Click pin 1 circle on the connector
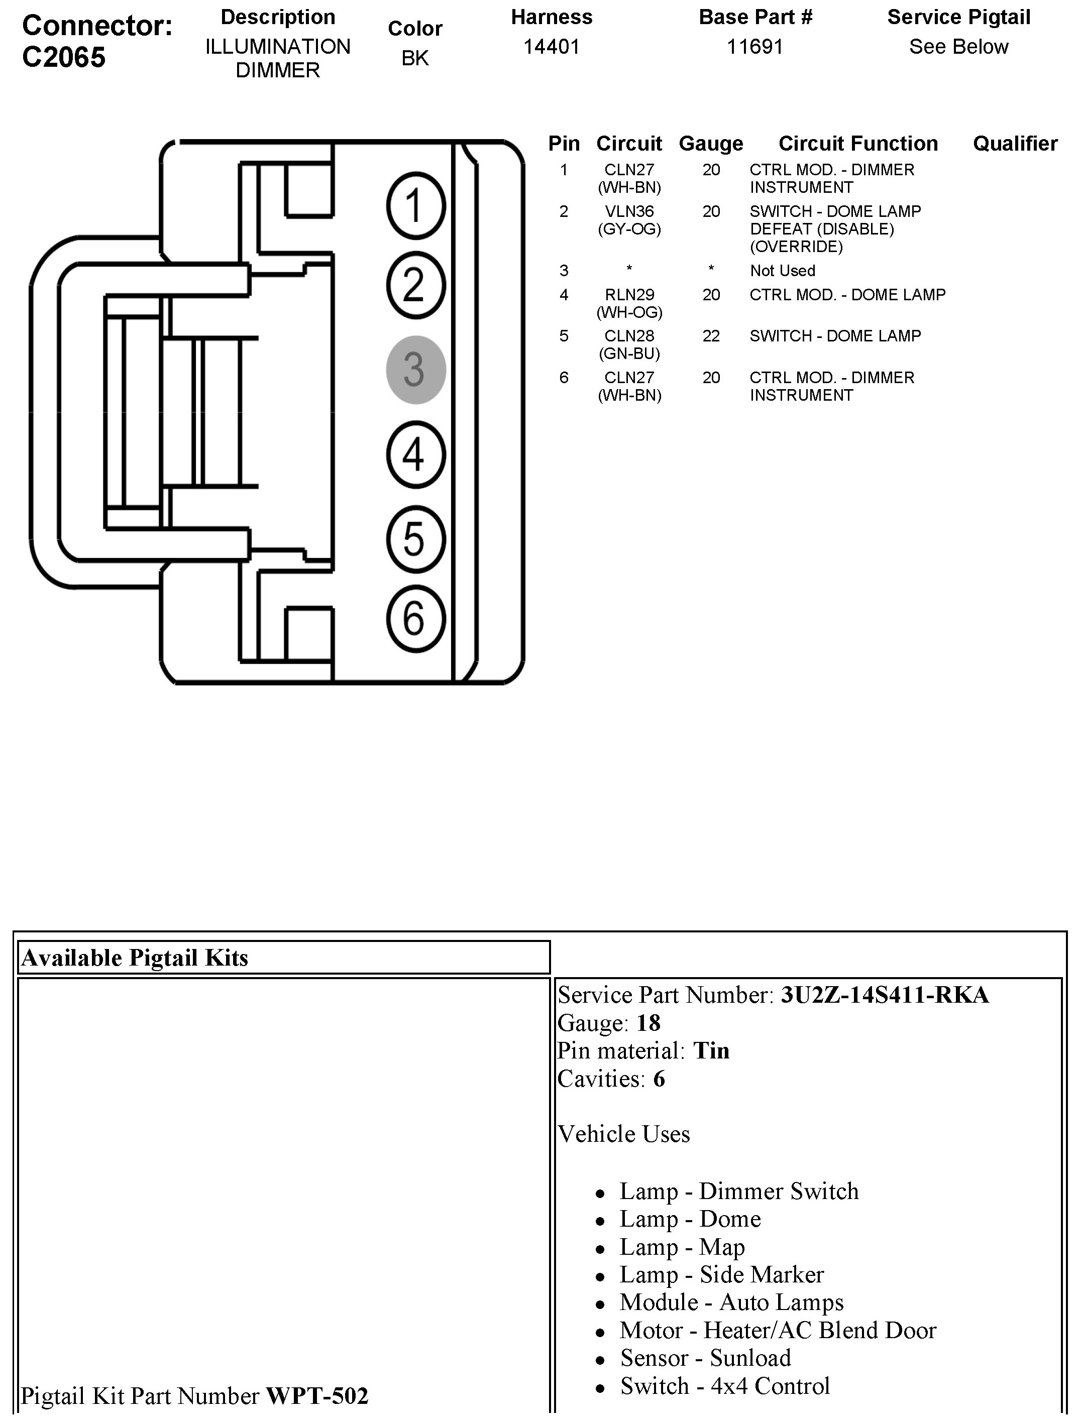415,206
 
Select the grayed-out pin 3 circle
415,370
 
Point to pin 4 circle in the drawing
415,454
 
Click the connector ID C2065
64,57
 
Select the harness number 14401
552,47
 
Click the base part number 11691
754,47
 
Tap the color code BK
415,59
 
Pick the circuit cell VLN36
629,211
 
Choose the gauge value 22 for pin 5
711,336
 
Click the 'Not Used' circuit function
783,271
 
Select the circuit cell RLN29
629,295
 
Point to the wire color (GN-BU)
629,353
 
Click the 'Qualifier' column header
1015,143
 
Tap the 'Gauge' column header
711,143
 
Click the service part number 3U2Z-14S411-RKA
884,995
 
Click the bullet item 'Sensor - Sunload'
705,1358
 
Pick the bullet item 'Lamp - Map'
682,1247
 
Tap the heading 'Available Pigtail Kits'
135,958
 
